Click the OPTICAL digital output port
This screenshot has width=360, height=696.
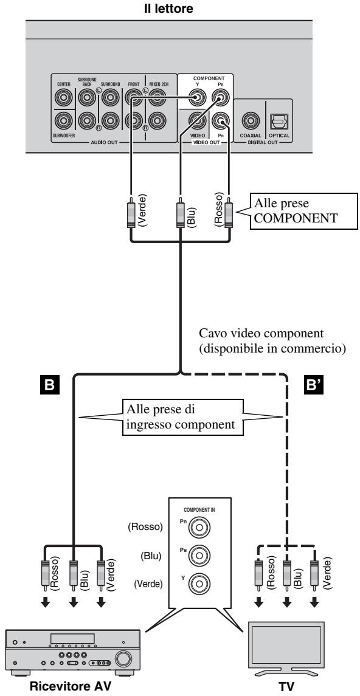tap(279, 120)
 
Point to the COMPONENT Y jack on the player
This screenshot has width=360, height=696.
tap(196, 96)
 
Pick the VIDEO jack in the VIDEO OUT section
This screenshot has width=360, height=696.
tap(196, 120)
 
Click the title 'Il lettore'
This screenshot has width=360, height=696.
tap(168, 9)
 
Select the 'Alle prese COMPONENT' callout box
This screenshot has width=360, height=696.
tap(303, 210)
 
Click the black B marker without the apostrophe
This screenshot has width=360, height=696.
tap(49, 384)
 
